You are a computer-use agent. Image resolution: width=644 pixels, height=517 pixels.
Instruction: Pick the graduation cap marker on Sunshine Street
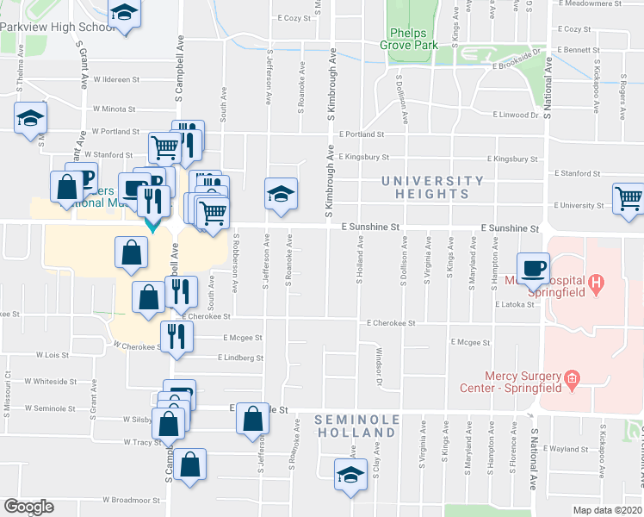281,194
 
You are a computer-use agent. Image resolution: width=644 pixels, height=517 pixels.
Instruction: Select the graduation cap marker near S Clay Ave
350,474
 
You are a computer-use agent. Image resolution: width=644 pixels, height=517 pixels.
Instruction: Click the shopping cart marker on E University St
629,198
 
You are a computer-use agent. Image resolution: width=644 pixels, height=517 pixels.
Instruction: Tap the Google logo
28,507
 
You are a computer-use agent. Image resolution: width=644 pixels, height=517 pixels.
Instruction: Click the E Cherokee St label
391,323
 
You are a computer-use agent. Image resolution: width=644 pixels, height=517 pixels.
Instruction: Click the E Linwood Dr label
515,114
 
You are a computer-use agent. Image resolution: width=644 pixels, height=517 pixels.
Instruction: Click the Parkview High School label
57,27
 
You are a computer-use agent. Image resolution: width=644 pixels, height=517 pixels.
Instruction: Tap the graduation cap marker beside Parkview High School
125,14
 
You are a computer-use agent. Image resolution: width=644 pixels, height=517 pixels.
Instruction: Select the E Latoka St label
515,304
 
